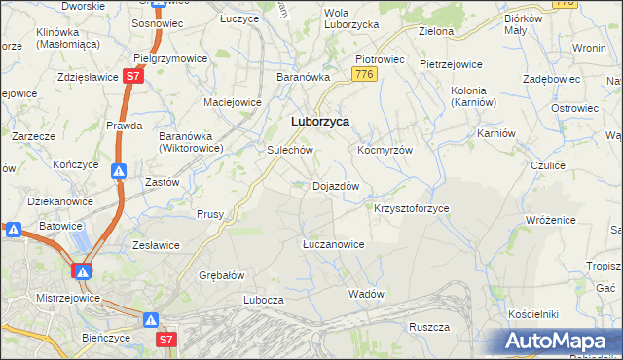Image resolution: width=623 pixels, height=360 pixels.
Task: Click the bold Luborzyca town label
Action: tap(320, 122)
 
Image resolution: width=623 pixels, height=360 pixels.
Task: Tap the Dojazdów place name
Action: tap(336, 185)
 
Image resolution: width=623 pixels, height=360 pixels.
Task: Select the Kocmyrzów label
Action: tap(385, 151)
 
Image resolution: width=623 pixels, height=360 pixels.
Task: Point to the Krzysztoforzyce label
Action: tap(412, 208)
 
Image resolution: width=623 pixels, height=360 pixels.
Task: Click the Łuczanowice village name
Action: tap(333, 244)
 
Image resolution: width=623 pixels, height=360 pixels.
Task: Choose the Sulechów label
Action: tap(289, 151)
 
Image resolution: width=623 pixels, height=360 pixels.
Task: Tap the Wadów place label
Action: tap(366, 293)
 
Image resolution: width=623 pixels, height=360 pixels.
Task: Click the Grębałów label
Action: tap(221, 275)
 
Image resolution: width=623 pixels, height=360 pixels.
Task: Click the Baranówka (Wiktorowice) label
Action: tap(192, 142)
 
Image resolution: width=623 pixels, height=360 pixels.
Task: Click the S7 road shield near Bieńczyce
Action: tap(167, 340)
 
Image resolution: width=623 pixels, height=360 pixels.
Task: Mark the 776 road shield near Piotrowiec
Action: tap(365, 75)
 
